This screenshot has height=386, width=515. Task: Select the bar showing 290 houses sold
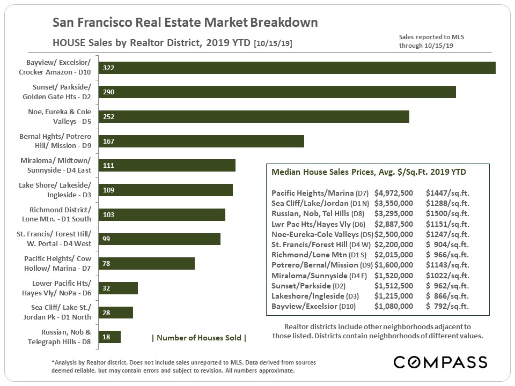tap(277, 92)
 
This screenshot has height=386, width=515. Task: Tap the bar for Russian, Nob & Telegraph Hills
tap(110, 337)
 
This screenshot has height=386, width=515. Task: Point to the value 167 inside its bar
tap(108, 142)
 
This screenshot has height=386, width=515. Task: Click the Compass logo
tap(440, 362)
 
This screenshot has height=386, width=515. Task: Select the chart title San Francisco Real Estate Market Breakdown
tap(185, 23)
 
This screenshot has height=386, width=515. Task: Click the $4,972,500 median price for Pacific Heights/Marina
tap(394, 193)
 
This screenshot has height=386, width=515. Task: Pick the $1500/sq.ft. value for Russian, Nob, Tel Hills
tap(447, 213)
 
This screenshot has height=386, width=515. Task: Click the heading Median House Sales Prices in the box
tap(369, 172)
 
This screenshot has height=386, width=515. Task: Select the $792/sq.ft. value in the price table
tap(447, 306)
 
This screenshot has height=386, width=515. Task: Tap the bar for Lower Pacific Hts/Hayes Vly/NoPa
tap(119, 288)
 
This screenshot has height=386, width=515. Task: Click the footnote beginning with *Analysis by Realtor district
tap(183, 366)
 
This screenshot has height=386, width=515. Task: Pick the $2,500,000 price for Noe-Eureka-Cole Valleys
tap(394, 234)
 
